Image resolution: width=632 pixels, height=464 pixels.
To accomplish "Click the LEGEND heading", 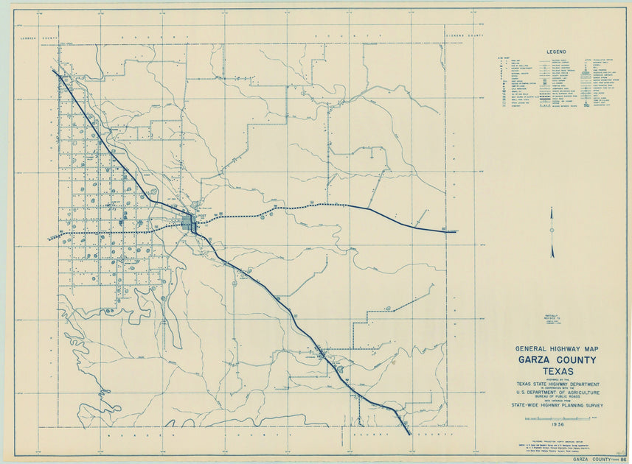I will point(555,52).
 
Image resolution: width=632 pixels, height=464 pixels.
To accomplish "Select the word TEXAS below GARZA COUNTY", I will point(558,371).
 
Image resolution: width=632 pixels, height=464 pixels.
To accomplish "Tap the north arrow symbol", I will point(552,233).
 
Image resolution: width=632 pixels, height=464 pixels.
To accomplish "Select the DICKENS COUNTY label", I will point(465,36).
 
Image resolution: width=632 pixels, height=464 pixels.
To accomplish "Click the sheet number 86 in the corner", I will point(623,459).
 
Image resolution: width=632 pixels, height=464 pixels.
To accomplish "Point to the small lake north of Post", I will point(195,205).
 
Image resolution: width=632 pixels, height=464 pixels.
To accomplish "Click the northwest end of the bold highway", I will point(54,71).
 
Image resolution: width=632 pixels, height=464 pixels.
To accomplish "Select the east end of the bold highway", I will point(455,232).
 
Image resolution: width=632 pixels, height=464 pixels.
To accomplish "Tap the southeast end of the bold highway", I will point(409,434).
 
